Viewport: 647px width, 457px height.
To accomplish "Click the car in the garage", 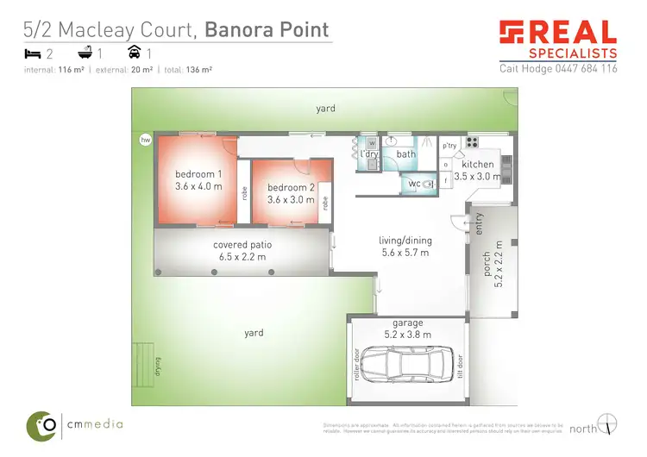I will pos(408,372).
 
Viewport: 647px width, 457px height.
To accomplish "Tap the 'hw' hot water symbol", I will pos(144,139).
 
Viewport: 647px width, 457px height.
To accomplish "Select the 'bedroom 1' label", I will pos(198,173).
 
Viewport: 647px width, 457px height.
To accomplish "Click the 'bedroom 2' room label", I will pos(291,187).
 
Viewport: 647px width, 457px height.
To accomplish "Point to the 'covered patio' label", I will pos(241,245).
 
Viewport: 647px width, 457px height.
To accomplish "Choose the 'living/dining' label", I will pos(405,241).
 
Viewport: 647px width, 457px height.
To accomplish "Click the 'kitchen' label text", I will pos(477,164).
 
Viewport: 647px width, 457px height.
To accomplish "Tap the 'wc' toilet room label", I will pos(413,183).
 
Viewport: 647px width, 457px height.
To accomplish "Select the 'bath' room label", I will pos(406,154).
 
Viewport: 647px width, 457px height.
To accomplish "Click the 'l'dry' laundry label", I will pos(370,153).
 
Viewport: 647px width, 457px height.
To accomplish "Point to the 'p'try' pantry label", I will pos(449,145).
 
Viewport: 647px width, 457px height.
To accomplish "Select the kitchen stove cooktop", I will pos(473,141).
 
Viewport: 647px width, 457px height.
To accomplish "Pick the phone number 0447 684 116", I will pos(584,68).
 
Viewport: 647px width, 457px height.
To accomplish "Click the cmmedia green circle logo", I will pos(42,424).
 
